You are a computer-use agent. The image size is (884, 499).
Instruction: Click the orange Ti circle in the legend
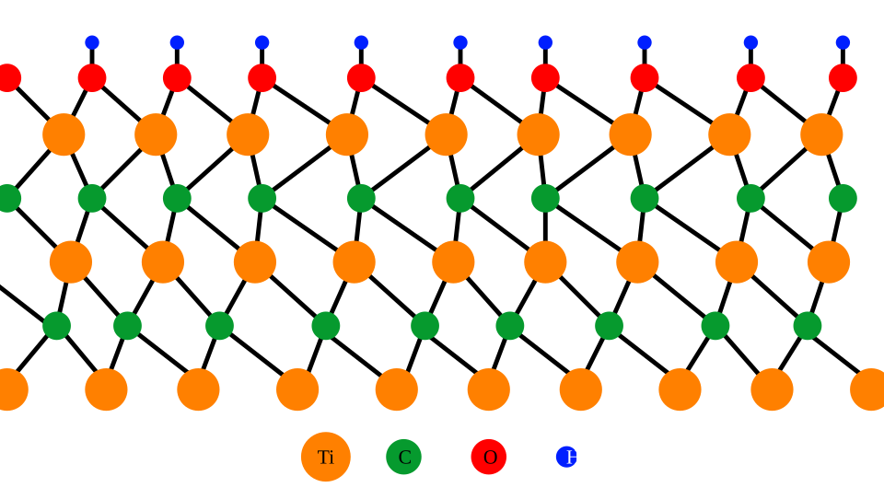coord(325,457)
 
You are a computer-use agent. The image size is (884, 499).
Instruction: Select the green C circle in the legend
coord(403,457)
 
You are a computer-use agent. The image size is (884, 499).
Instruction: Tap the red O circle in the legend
coord(488,457)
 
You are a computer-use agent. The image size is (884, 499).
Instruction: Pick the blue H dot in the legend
coord(565,457)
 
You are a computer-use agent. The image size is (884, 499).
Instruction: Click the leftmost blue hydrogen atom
coord(92,42)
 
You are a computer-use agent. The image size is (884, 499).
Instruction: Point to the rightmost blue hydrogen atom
coord(843,42)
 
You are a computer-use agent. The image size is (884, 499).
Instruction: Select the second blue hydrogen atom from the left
coord(177,42)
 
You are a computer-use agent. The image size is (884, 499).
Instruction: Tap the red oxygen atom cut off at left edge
coord(6,78)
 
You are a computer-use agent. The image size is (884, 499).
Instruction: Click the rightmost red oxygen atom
coord(843,78)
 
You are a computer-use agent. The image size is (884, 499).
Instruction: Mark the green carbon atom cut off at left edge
coord(6,198)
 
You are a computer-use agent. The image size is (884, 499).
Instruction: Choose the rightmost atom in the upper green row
coord(843,198)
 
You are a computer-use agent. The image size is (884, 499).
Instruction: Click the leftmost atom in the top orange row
coord(64,134)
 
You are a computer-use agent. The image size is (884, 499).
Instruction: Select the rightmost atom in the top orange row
coord(821,134)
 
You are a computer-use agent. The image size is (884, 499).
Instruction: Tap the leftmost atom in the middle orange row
coord(71,261)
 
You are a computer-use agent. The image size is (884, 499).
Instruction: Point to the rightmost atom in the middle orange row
coord(829,261)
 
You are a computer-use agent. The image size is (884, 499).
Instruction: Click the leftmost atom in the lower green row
coord(56,326)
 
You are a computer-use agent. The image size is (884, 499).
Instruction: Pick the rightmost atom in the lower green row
coord(808,326)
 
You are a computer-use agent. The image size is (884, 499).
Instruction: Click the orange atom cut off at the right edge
coord(869,389)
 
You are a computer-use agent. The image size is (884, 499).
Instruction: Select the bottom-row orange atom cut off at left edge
coord(9,389)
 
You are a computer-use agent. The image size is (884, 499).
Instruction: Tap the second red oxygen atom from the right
coord(750,78)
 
